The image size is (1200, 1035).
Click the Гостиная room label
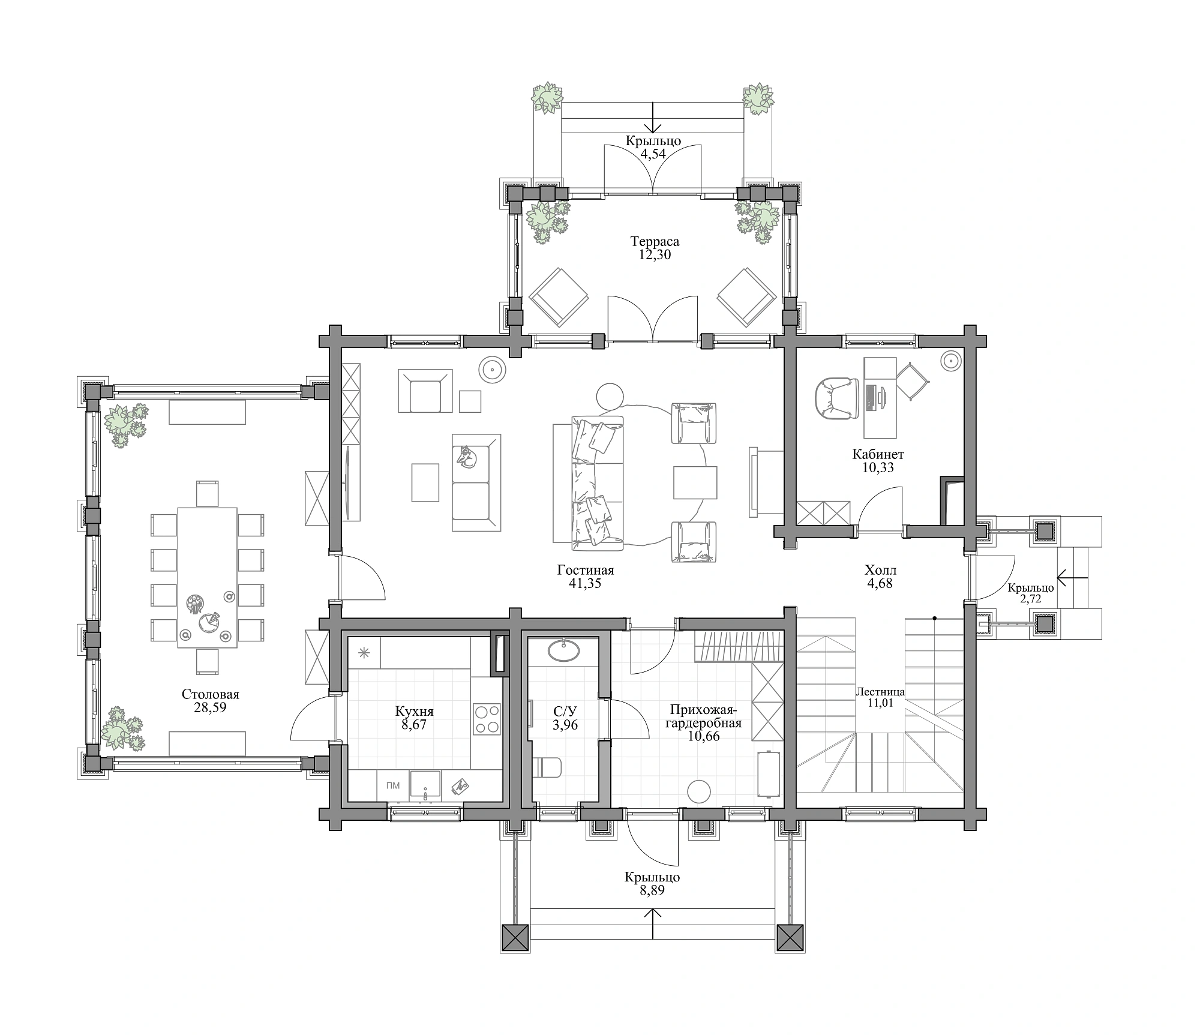coord(586,570)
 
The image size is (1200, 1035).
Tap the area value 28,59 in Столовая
coord(210,707)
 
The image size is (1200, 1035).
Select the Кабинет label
coord(878,454)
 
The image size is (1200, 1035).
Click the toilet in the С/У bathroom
coord(547,767)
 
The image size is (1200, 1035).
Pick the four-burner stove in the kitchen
coord(487,719)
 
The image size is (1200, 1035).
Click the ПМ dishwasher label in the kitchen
coord(393,785)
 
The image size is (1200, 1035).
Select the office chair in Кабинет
coord(833,399)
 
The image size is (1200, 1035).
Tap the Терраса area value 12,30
coord(655,254)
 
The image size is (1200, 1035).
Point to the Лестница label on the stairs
coord(880,692)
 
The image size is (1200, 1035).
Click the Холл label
coord(881,569)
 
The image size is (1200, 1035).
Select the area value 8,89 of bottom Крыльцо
coord(652,891)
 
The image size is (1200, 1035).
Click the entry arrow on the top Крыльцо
coord(653,116)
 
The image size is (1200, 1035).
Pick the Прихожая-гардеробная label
coord(704,716)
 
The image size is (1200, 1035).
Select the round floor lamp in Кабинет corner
coord(951,362)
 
